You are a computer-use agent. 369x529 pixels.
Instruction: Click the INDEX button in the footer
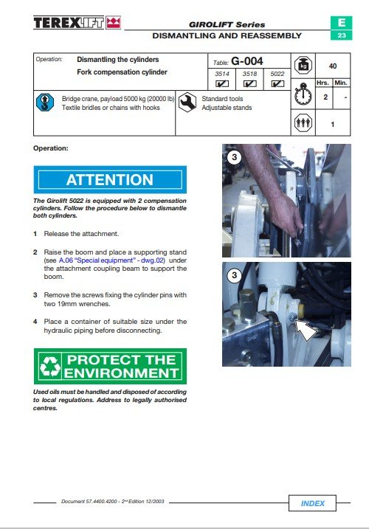pyautogui.click(x=312, y=503)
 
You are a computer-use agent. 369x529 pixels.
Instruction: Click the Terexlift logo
pyautogui.click(x=77, y=23)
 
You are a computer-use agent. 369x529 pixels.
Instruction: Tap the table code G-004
pyautogui.click(x=246, y=61)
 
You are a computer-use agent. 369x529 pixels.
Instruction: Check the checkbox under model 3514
pyautogui.click(x=222, y=83)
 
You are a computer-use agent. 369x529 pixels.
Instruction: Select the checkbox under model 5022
pyautogui.click(x=277, y=83)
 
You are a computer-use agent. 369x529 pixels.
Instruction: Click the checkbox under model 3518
pyautogui.click(x=249, y=83)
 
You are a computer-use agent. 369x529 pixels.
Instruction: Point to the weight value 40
pyautogui.click(x=333, y=66)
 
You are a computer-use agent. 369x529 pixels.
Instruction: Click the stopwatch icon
pyautogui.click(x=303, y=94)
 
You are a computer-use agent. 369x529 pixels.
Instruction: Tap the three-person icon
pyautogui.click(x=303, y=122)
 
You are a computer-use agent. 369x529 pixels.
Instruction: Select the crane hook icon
pyautogui.click(x=45, y=103)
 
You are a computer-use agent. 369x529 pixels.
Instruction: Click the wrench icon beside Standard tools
pyautogui.click(x=187, y=103)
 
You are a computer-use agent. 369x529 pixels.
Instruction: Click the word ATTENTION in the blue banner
pyautogui.click(x=110, y=179)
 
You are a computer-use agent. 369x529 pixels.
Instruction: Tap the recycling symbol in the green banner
pyautogui.click(x=50, y=367)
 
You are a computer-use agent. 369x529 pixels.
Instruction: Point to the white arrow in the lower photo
pyautogui.click(x=306, y=330)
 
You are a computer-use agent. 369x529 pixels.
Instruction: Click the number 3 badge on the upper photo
pyautogui.click(x=234, y=157)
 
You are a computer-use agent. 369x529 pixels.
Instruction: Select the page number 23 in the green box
pyautogui.click(x=341, y=35)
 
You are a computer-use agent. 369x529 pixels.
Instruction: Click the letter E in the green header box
pyautogui.click(x=341, y=23)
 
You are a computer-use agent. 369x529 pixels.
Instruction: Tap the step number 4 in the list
pyautogui.click(x=35, y=322)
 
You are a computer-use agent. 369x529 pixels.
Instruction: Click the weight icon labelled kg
pyautogui.click(x=303, y=65)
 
